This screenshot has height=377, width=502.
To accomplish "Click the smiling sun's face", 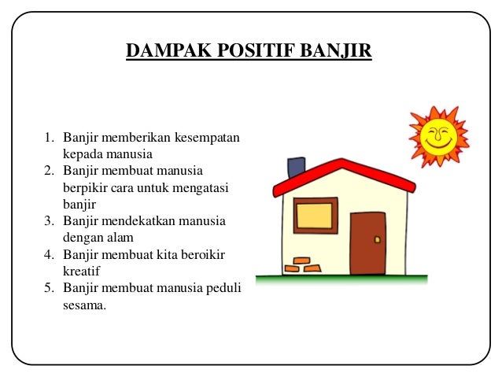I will (x=437, y=136).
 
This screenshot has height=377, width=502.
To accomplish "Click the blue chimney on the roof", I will (x=296, y=167).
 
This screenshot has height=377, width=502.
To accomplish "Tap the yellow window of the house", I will (x=315, y=215).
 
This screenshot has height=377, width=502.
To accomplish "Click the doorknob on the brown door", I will (x=378, y=239).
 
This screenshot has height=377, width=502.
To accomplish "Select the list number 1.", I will (x=48, y=139).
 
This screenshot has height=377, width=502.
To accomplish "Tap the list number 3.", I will (x=48, y=221).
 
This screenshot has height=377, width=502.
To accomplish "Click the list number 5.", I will (x=48, y=287).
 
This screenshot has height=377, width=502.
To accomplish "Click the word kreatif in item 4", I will (x=80, y=271).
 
